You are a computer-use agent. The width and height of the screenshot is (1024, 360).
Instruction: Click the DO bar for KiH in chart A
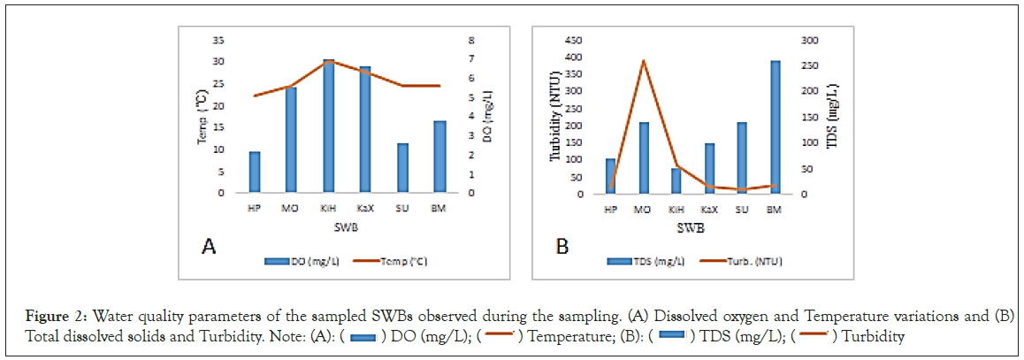pos(328,126)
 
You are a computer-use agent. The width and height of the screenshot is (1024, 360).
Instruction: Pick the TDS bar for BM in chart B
pos(775,127)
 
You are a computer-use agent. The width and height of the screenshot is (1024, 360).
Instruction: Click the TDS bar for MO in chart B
pos(644,158)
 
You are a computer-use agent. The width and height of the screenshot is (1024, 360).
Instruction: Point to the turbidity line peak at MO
pos(644,60)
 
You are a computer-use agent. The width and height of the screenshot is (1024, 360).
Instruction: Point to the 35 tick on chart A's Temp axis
pos(218,41)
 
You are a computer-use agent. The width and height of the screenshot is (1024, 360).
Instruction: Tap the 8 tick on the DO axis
pos(471,41)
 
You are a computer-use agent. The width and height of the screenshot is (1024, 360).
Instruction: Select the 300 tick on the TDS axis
pos(810,41)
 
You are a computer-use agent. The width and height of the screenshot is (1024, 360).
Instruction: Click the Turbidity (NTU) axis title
pos(556,117)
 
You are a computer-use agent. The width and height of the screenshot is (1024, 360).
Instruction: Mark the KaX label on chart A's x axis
pos(364,210)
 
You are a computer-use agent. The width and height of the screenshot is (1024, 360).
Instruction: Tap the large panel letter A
pos(209,246)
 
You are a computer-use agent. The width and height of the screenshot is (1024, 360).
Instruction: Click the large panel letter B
pos(562,246)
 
